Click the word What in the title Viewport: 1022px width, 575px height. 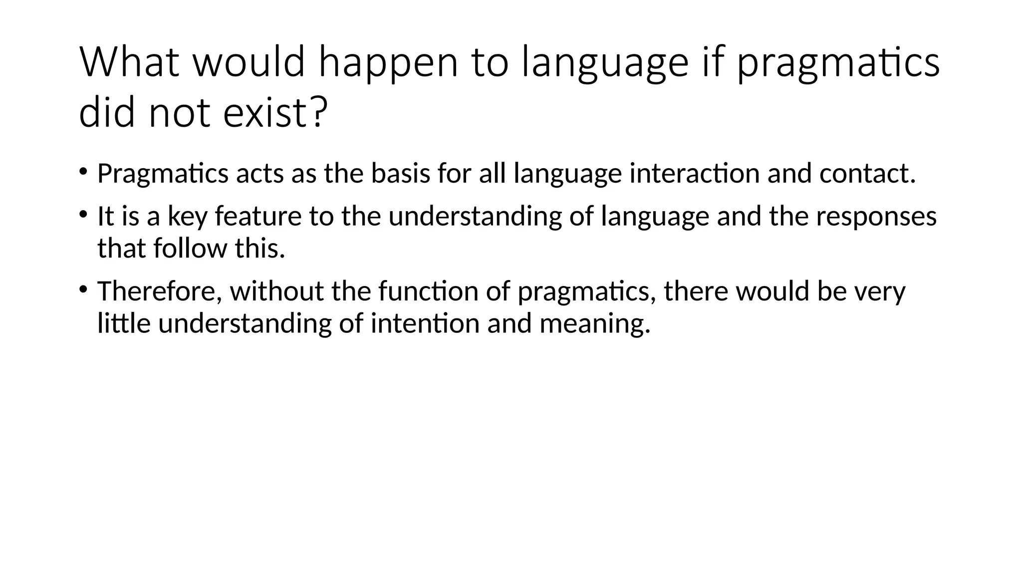[129, 62]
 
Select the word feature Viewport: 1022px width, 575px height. [258, 217]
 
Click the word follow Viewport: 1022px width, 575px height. [190, 248]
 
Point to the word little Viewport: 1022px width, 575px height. [124, 323]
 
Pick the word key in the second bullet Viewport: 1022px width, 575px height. [187, 218]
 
